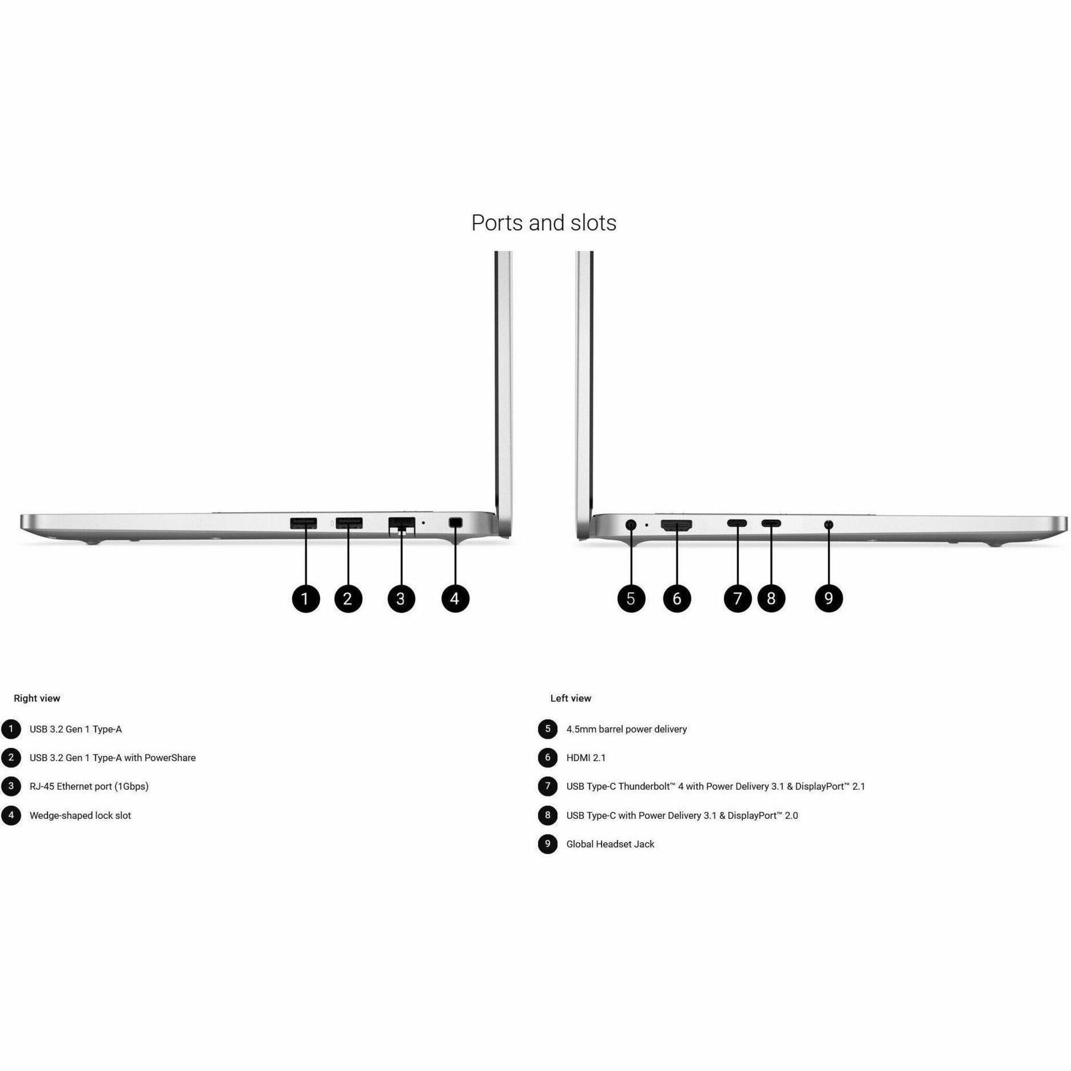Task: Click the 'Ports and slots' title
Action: coord(543,223)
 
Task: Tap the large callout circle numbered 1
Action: coord(306,599)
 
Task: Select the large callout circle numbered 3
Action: coord(401,599)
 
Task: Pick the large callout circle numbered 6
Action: coord(677,599)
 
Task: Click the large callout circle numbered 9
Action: coord(829,599)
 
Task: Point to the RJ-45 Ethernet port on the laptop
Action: coord(402,524)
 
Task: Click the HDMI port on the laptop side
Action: coord(676,525)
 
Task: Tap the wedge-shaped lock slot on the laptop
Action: coord(455,522)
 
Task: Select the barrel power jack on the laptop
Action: coord(631,524)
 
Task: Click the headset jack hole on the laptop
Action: coord(829,524)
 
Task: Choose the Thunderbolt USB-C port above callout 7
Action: coord(737,524)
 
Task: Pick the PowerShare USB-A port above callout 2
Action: coord(349,523)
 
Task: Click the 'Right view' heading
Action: coord(37,698)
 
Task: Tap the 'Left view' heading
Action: coord(570,698)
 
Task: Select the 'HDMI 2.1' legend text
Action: coord(586,758)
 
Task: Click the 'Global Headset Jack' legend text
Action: coord(610,844)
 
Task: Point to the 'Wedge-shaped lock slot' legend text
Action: coord(81,815)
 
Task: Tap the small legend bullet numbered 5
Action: coord(547,729)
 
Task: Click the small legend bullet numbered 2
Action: coord(10,758)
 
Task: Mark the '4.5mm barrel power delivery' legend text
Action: coord(626,729)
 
